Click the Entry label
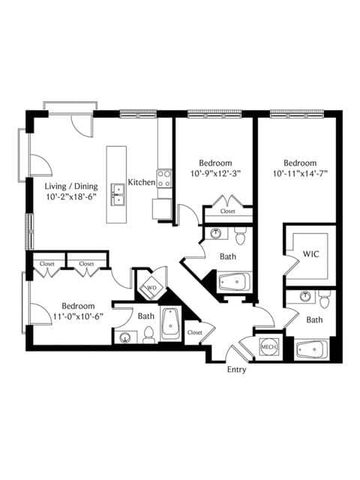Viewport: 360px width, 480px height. (x=236, y=370)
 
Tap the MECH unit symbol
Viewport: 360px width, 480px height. (x=269, y=346)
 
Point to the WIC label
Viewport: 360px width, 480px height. (x=310, y=253)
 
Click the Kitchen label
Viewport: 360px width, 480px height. (x=142, y=182)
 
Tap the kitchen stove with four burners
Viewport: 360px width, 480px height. (x=163, y=178)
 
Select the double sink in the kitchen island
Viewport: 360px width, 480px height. (x=118, y=194)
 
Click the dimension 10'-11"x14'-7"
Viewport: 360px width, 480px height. (x=300, y=174)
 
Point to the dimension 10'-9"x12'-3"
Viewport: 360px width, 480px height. (x=215, y=174)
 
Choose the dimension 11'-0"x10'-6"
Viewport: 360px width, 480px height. (x=78, y=316)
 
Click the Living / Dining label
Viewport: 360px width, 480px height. (x=71, y=187)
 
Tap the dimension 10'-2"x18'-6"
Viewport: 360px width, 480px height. (x=71, y=196)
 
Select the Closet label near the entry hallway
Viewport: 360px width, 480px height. (x=195, y=332)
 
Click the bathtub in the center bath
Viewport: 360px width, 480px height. (x=235, y=282)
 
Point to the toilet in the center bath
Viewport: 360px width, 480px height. (x=240, y=236)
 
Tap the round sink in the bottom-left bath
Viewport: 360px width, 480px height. (x=125, y=337)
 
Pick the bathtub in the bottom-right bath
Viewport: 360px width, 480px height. (x=312, y=349)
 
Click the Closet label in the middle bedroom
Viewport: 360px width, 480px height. (x=228, y=211)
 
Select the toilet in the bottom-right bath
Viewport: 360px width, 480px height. (x=323, y=299)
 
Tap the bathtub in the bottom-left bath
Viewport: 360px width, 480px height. (x=171, y=323)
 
